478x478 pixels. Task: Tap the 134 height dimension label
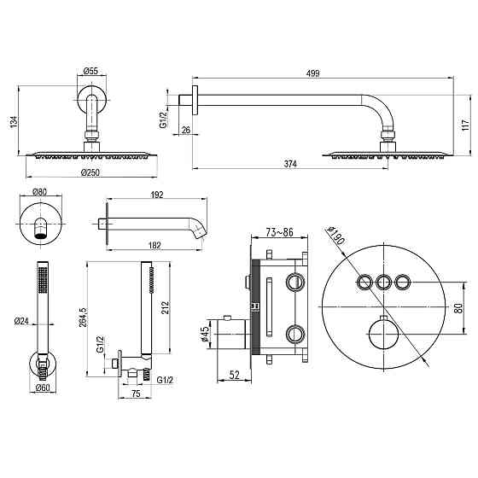pyautogui.click(x=11, y=123)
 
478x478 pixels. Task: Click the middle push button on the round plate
pyautogui.click(x=384, y=281)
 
